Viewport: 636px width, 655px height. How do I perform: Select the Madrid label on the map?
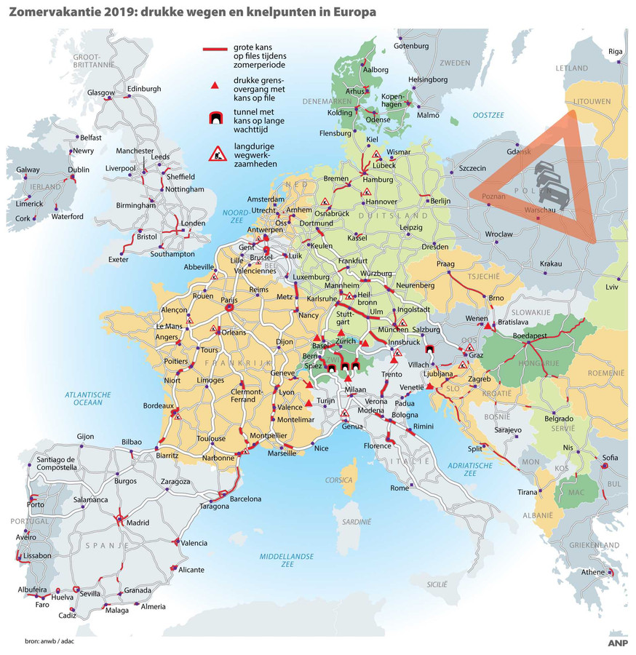click(x=137, y=523)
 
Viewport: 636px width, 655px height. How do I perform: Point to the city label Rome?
click(x=400, y=488)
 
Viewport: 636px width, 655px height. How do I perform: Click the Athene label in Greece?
click(x=592, y=572)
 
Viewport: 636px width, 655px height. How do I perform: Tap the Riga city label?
click(x=616, y=51)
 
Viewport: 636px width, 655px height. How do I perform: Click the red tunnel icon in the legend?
click(x=215, y=119)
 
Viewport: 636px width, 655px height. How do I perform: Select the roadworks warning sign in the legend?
click(x=216, y=153)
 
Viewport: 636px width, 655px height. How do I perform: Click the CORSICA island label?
click(x=339, y=480)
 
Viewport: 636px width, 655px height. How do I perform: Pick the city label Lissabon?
click(x=36, y=555)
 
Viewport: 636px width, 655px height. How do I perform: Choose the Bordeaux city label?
click(x=158, y=406)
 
